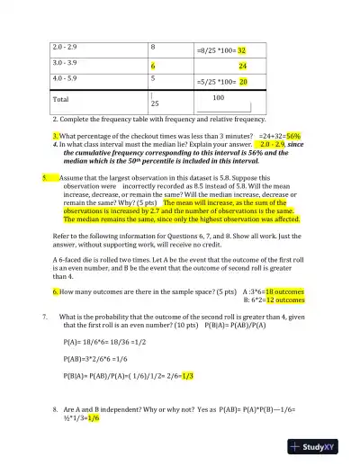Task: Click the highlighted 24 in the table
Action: point(243,67)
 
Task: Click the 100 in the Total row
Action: point(218,96)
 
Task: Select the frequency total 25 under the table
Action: point(155,104)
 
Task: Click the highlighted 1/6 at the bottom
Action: point(94,417)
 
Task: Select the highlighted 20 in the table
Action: point(243,81)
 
